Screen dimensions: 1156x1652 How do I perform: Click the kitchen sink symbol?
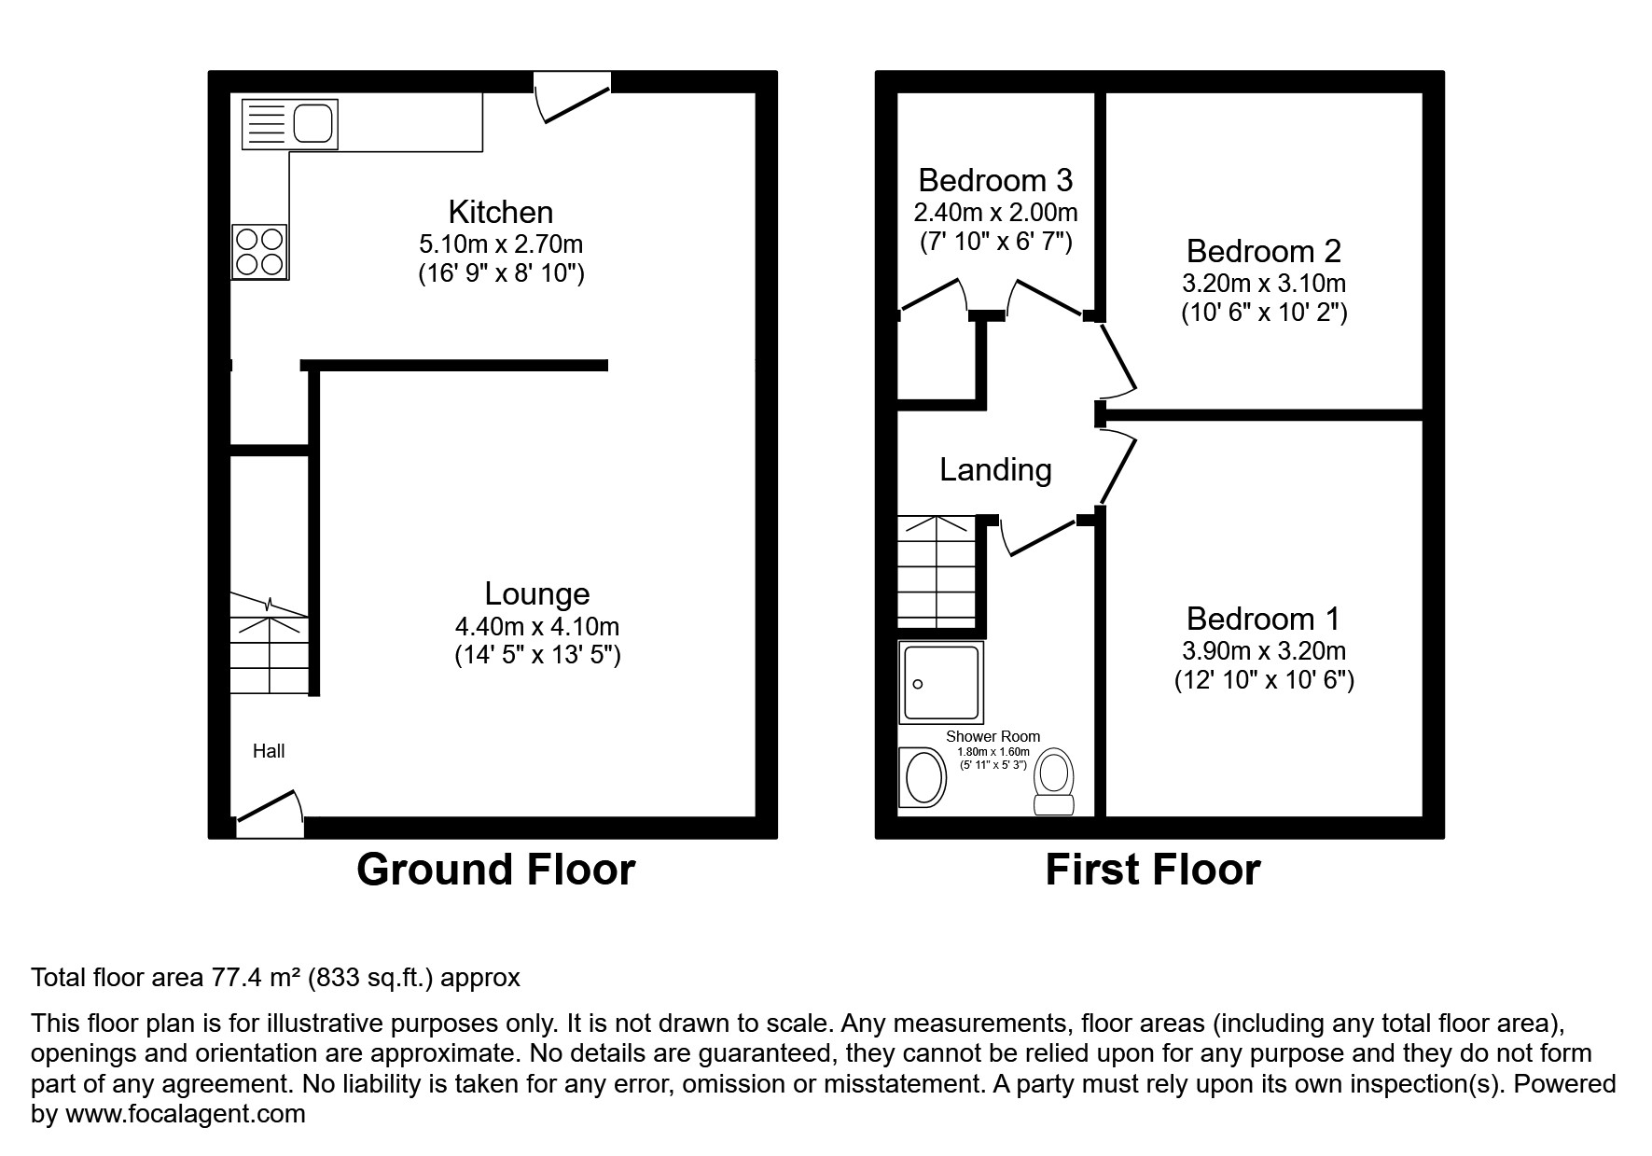click(x=289, y=124)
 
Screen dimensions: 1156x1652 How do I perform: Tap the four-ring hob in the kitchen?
click(x=259, y=252)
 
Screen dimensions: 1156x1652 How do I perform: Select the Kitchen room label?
click(x=501, y=212)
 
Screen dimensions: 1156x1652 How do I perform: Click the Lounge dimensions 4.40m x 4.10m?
click(x=537, y=627)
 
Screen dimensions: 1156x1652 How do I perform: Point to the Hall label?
click(x=269, y=751)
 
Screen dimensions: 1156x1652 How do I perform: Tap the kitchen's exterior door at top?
click(x=572, y=98)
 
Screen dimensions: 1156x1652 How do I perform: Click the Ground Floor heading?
click(x=495, y=870)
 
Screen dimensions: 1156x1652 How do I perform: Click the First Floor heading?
click(x=1152, y=870)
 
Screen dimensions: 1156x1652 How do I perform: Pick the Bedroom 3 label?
click(x=995, y=180)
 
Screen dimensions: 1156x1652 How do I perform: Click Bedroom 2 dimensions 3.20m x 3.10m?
click(x=1265, y=283)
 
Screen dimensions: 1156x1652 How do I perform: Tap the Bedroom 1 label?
click(x=1263, y=619)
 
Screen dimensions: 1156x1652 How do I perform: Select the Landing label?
click(x=995, y=469)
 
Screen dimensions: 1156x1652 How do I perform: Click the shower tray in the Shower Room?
click(x=941, y=682)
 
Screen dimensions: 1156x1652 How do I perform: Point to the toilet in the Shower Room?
click(x=1055, y=784)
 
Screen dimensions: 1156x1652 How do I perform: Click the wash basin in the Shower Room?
click(x=923, y=776)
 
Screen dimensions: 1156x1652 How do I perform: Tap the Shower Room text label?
click(x=993, y=736)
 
